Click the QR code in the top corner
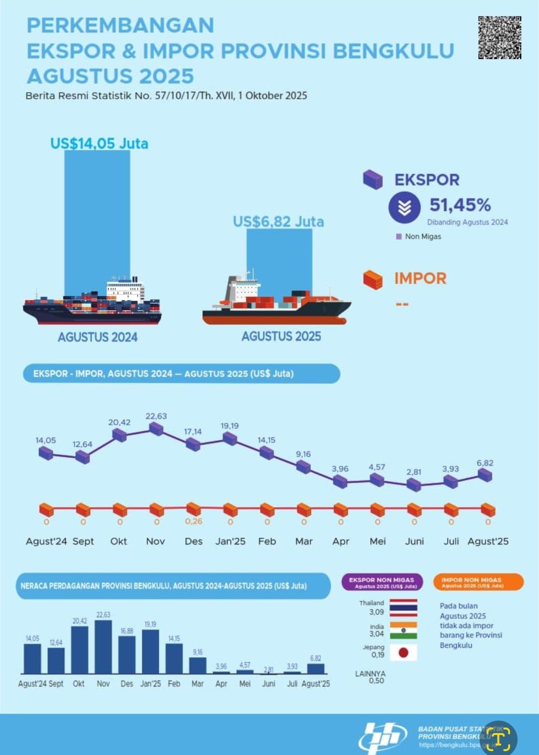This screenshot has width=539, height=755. click(500, 37)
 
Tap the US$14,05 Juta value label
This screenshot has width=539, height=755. click(99, 144)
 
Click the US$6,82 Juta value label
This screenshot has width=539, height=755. click(278, 221)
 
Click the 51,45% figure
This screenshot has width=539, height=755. click(460, 205)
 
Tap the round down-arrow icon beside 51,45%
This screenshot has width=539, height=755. click(404, 207)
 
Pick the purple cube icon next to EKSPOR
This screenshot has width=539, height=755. click(373, 180)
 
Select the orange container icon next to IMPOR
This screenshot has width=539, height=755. click(373, 279)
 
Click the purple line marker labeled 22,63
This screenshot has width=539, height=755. click(156, 429)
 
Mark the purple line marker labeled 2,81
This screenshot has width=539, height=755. click(414, 484)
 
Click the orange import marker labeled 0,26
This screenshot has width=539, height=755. click(193, 509)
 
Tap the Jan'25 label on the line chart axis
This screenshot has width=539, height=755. click(230, 541)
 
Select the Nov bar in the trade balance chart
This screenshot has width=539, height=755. click(103, 647)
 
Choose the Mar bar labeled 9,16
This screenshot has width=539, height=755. click(198, 665)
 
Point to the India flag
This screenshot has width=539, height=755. click(403, 630)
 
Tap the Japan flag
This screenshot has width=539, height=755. click(403, 652)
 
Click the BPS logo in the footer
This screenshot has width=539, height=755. click(382, 737)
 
